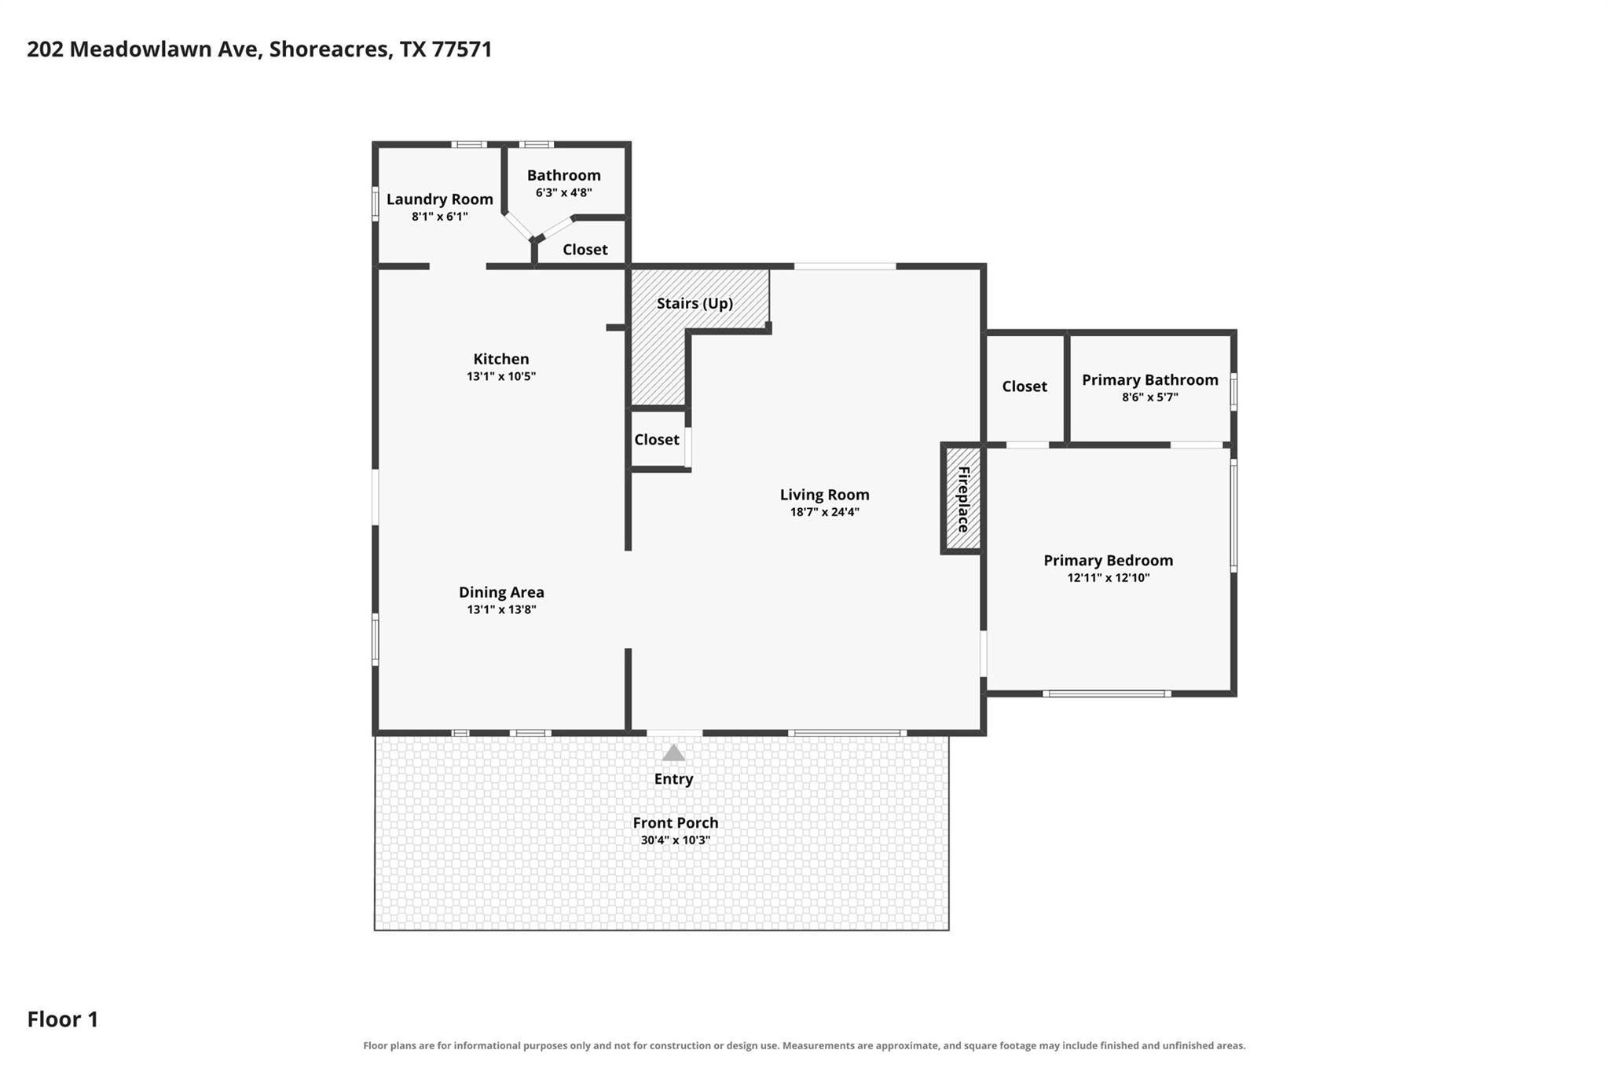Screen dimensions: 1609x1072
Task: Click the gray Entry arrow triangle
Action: (673, 752)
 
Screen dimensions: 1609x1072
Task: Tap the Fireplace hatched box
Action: (962, 499)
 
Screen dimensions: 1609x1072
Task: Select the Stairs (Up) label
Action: (695, 303)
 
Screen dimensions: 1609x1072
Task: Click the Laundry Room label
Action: (440, 199)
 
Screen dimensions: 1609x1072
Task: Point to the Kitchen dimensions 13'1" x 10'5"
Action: (501, 376)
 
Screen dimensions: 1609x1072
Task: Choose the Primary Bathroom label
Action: (1150, 380)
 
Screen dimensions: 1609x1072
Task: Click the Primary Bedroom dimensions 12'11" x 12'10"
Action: (1109, 578)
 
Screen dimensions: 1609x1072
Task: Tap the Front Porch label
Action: (676, 822)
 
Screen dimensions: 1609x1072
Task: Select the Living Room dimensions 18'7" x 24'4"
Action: (825, 512)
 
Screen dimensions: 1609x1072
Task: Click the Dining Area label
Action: (501, 592)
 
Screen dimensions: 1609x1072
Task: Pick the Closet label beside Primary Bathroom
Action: (1024, 386)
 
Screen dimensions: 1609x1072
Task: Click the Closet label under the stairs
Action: (657, 440)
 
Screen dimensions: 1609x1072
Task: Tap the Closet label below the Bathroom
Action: (585, 250)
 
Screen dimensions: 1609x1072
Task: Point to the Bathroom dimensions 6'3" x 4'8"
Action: (564, 192)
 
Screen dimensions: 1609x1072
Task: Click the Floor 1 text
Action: (63, 1019)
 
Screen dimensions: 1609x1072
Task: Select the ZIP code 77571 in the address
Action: (462, 49)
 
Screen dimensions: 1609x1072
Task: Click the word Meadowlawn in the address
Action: (165, 49)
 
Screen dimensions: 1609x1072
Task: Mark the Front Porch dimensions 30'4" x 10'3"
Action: (676, 840)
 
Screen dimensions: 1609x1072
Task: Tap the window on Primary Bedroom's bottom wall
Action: (1107, 693)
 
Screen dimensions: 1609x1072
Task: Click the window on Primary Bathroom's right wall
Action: (1233, 392)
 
